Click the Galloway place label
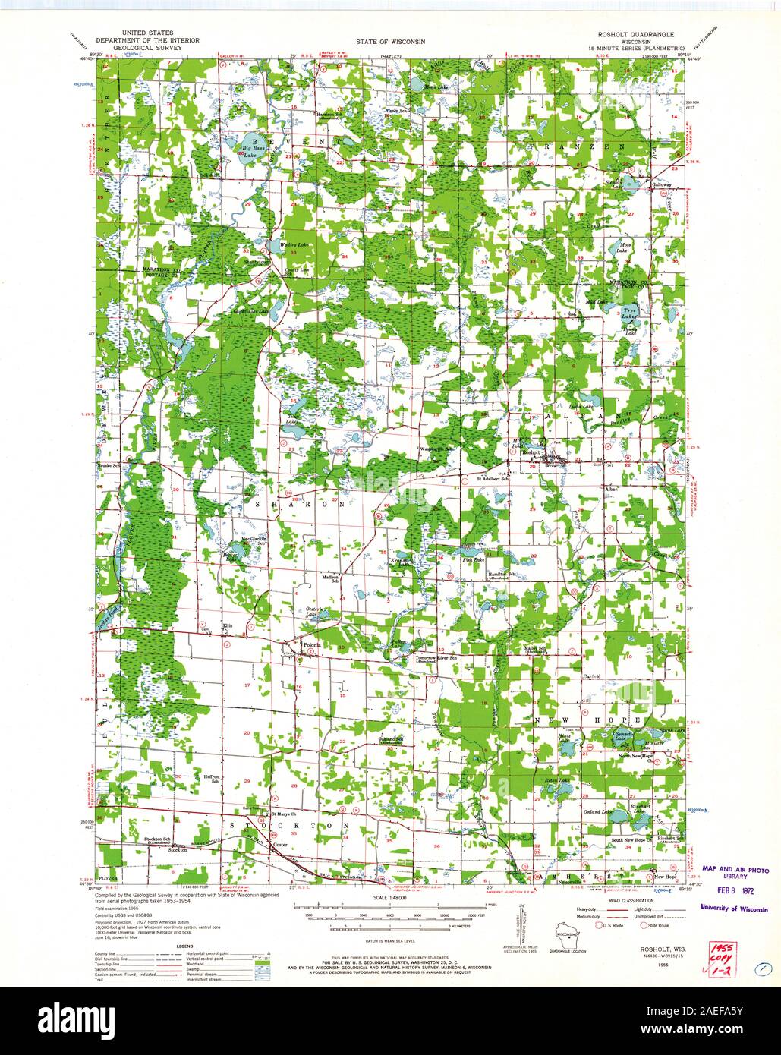[663, 184]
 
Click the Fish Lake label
[474, 559]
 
